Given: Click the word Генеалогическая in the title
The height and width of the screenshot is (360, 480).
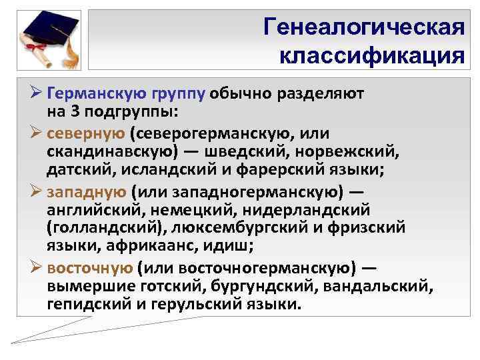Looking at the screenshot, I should pyautogui.click(x=363, y=27).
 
